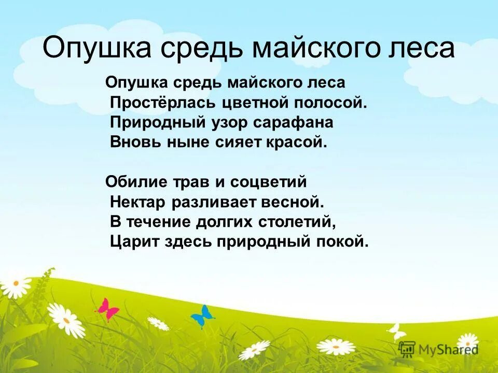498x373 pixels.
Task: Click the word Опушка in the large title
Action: click(x=96, y=48)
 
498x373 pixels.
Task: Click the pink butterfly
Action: click(x=107, y=309)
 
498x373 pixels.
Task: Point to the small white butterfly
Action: click(x=397, y=331)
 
